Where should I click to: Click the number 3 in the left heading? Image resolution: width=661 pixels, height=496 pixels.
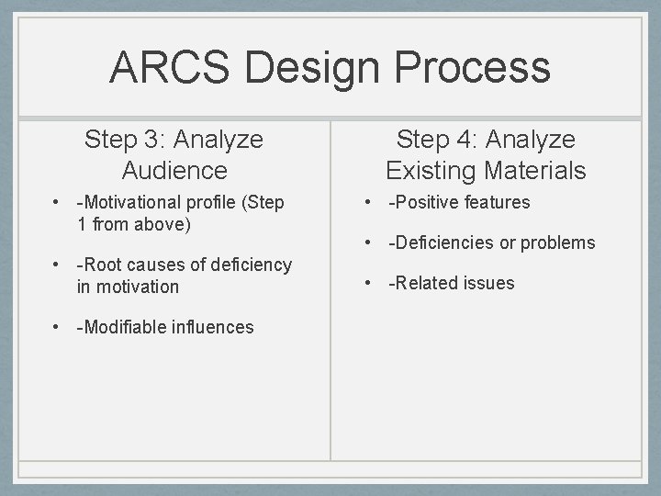click(x=151, y=140)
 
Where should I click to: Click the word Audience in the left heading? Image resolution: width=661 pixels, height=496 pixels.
click(x=174, y=170)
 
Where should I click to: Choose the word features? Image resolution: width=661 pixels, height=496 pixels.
click(x=496, y=202)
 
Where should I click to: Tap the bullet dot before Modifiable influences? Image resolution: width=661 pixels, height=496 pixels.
click(x=56, y=327)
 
